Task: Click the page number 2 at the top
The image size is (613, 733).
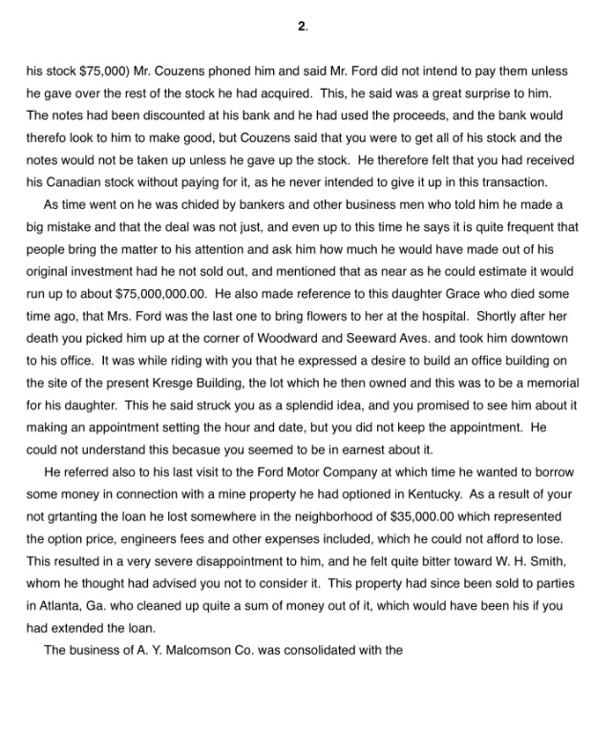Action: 303,28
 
